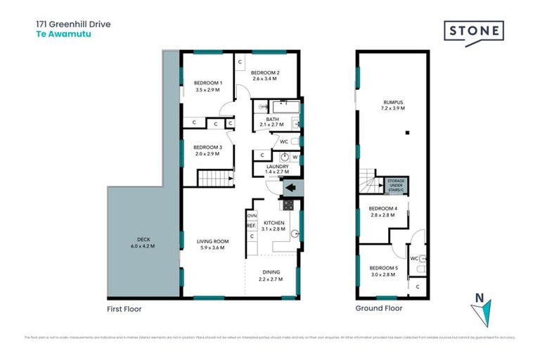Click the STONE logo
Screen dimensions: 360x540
473,32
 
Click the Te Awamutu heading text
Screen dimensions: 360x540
56,32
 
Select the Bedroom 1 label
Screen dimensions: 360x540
207,84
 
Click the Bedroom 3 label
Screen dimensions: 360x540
207,147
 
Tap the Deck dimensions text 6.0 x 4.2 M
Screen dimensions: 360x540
142,247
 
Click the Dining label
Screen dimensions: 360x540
271,272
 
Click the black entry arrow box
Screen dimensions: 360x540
290,188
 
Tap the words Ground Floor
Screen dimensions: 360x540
378,309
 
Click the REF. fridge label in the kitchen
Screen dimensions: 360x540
251,226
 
